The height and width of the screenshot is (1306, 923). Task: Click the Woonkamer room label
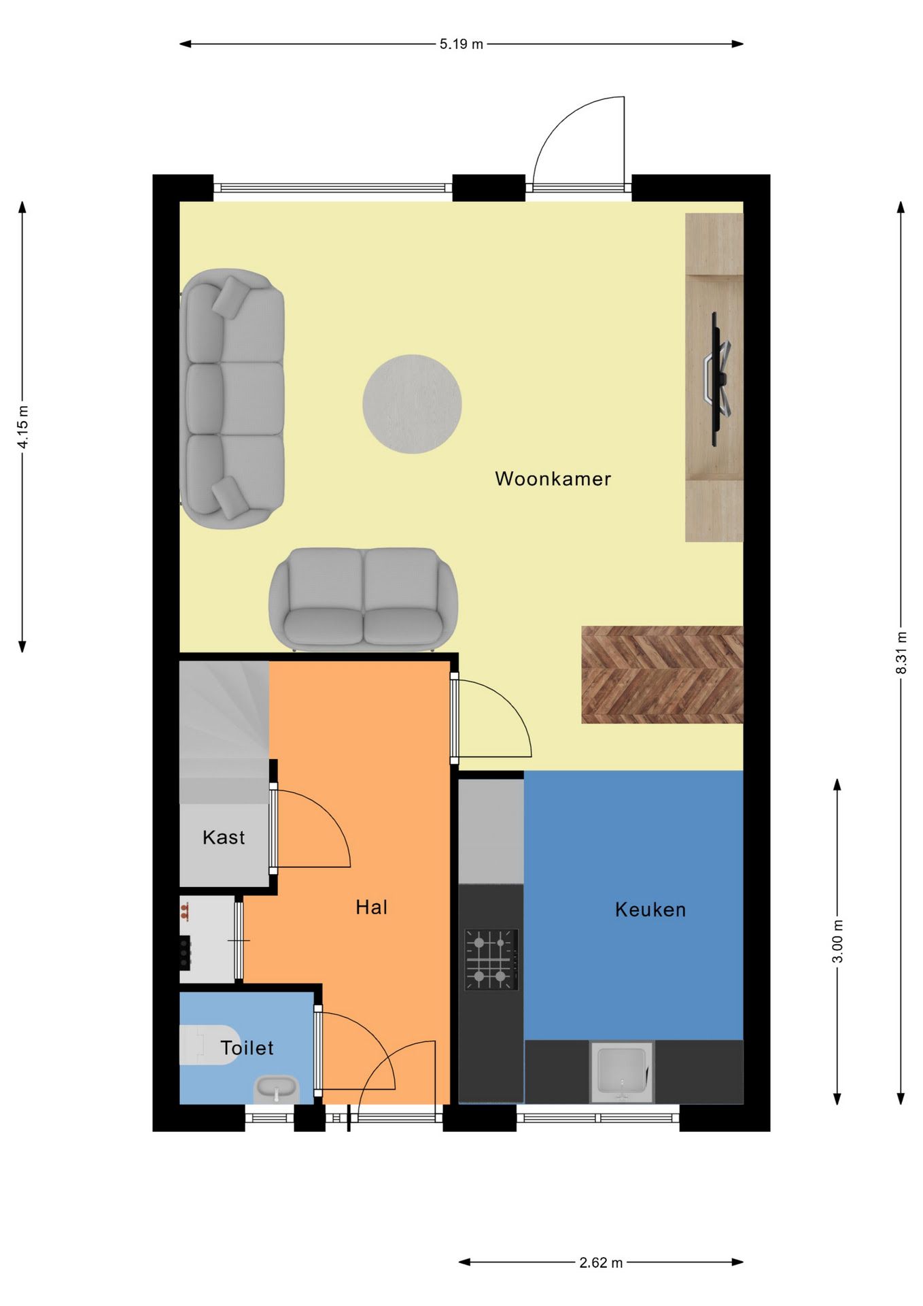553,479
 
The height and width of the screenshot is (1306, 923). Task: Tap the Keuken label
650,909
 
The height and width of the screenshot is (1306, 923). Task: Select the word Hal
372,907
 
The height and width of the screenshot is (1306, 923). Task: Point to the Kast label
224,837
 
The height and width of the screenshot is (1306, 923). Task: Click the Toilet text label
247,1048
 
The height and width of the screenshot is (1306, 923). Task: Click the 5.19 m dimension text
461,44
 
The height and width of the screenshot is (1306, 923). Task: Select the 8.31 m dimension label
901,653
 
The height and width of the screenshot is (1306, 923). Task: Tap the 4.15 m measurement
23,426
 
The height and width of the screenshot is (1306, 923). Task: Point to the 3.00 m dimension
837,941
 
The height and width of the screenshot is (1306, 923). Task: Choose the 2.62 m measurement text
601,1262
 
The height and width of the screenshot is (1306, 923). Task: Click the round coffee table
412,404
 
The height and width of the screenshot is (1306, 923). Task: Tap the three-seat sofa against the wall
232,399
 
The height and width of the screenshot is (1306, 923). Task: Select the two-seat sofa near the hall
364,599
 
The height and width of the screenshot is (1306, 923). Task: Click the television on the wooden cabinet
717,379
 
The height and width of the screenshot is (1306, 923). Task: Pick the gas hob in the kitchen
491,960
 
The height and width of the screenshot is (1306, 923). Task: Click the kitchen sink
621,1071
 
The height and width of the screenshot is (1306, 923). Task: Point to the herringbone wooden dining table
662,674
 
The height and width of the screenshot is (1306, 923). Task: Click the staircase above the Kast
224,732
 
